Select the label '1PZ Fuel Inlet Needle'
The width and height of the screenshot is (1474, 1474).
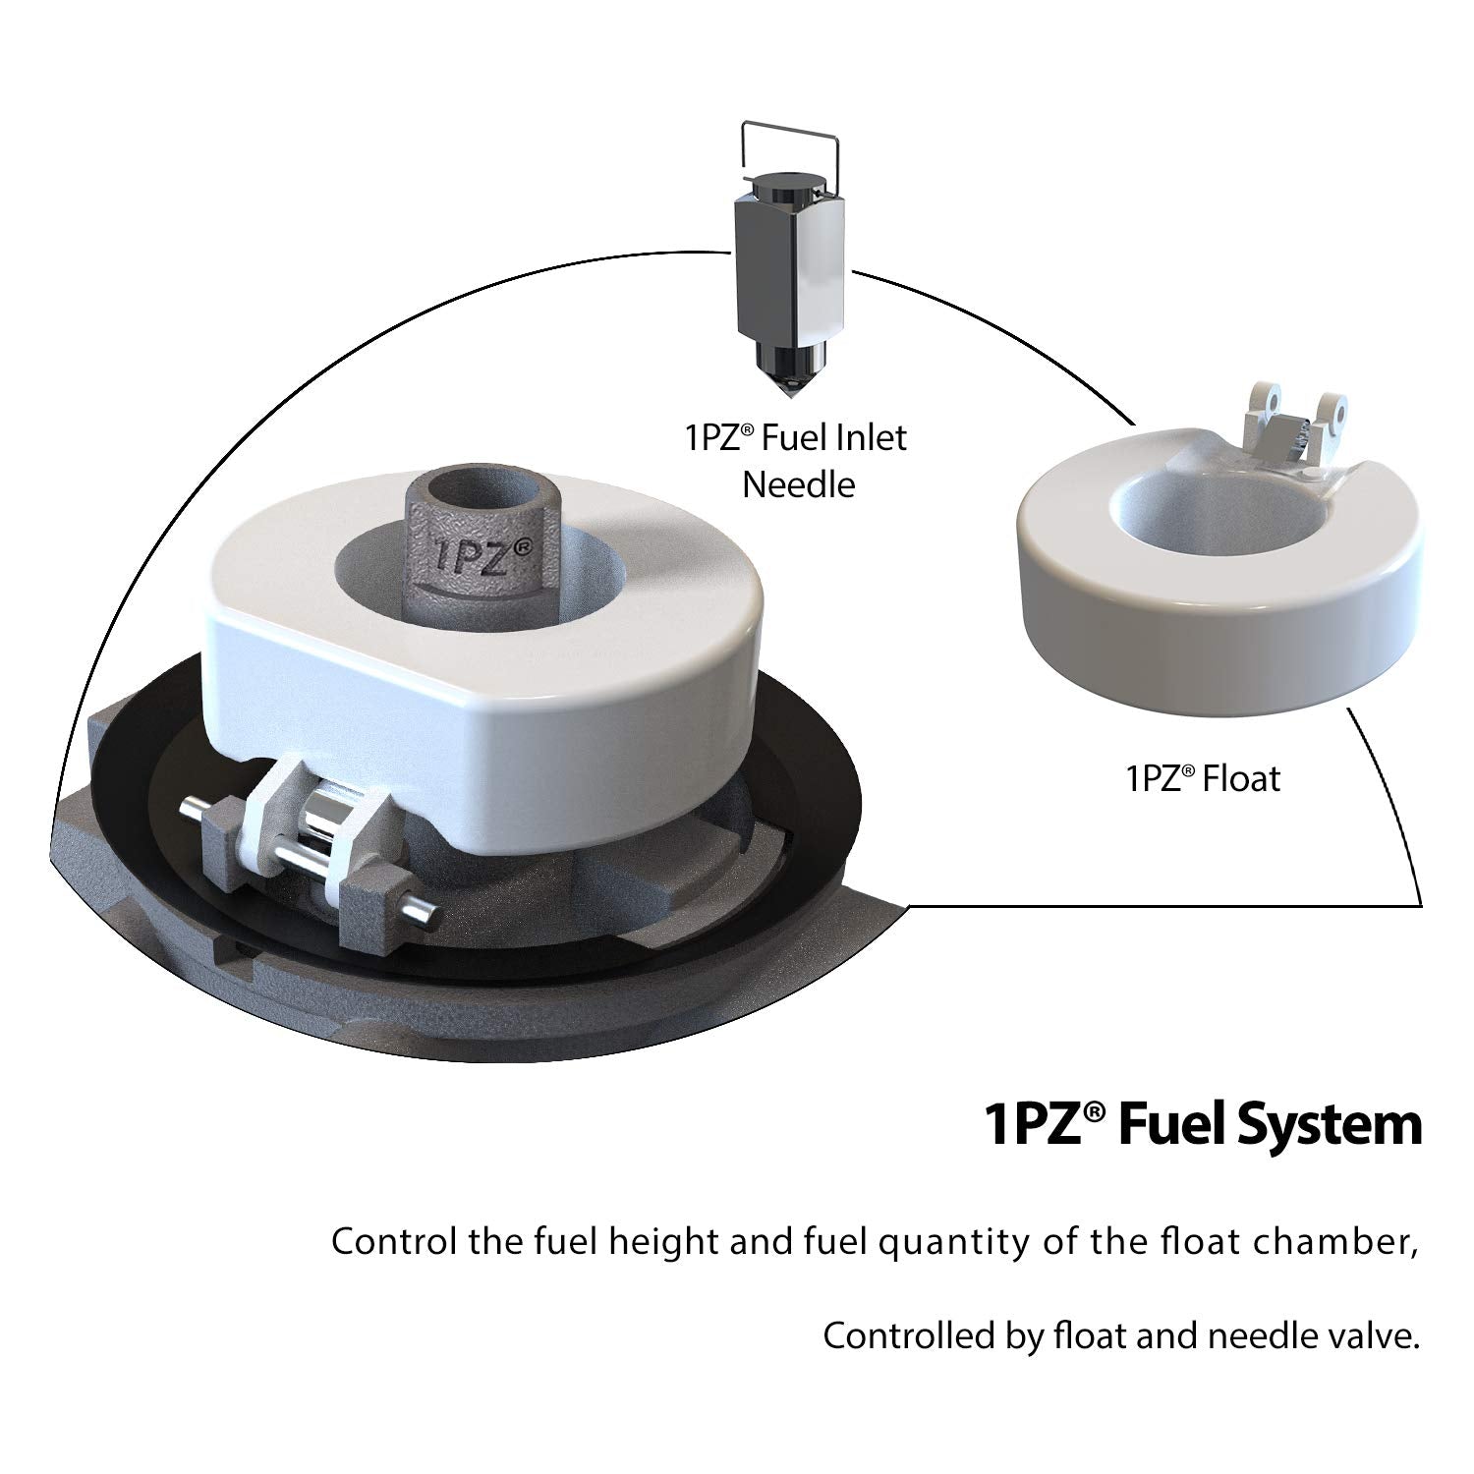click(x=796, y=460)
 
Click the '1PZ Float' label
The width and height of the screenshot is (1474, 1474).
click(x=1203, y=779)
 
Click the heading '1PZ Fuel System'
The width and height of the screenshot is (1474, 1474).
click(x=1203, y=1124)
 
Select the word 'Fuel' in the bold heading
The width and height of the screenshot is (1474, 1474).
click(x=1171, y=1124)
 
